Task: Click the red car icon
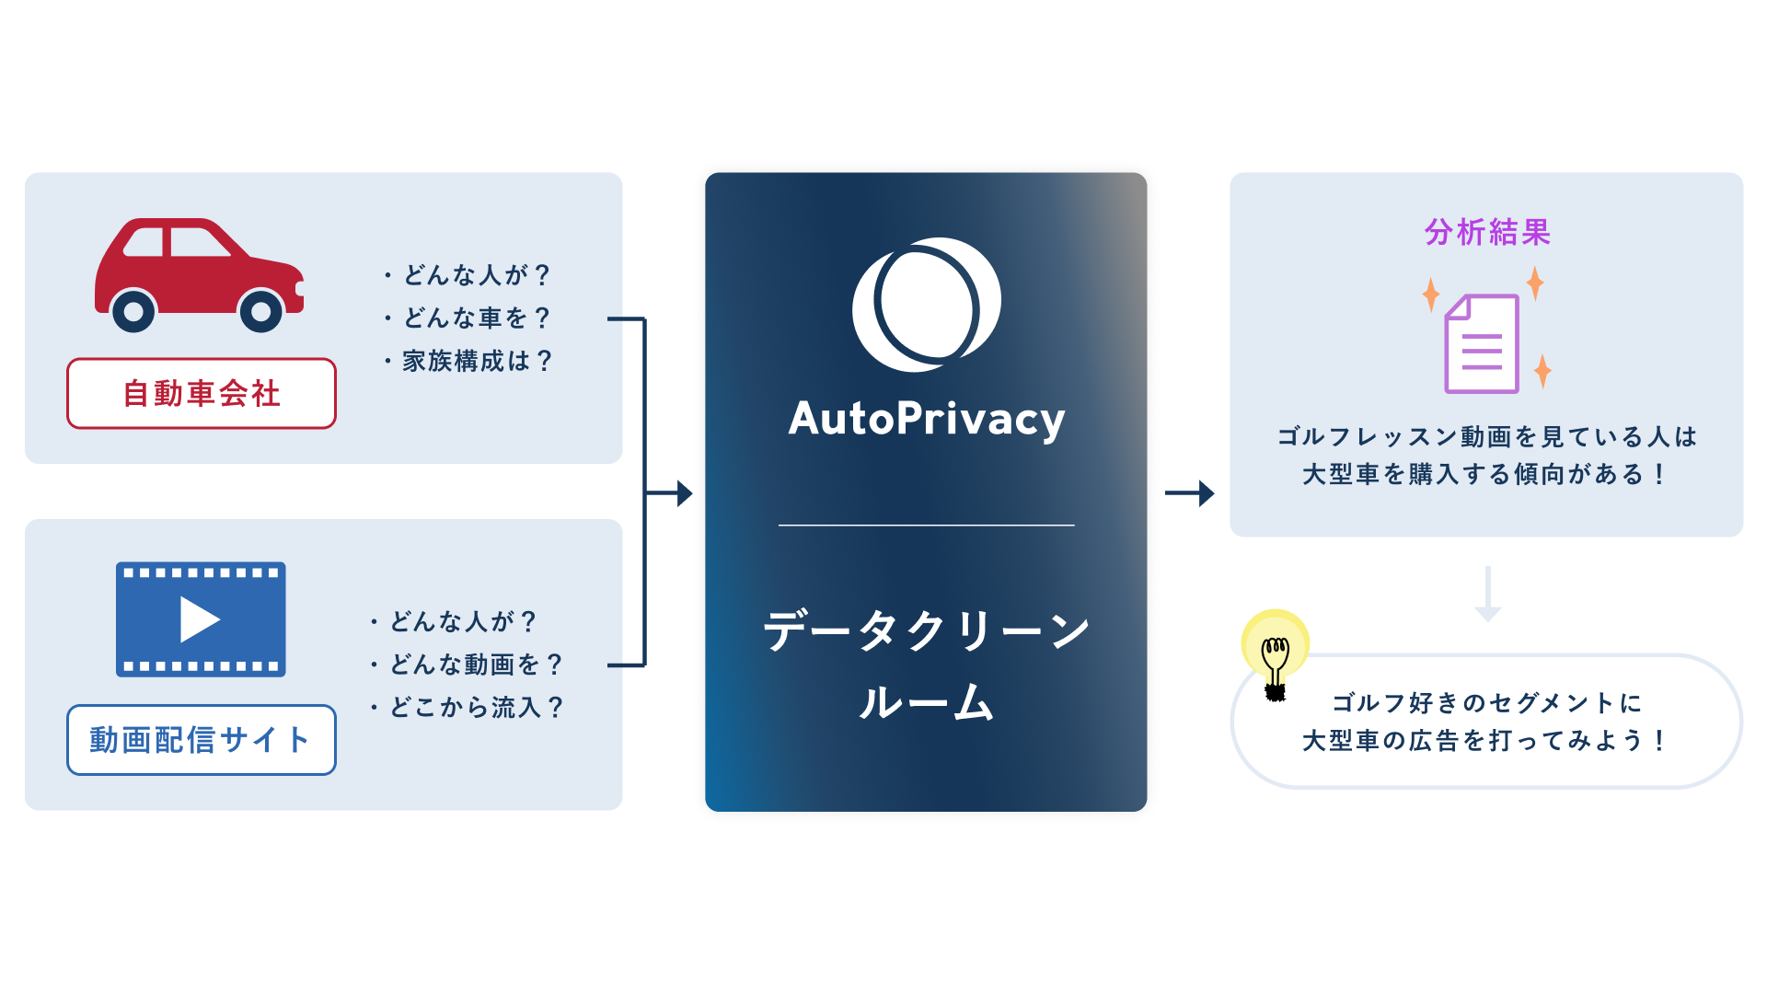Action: [x=198, y=273]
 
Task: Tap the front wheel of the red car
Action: [x=261, y=312]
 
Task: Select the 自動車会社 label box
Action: [x=201, y=394]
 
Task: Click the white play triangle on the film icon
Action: [x=199, y=619]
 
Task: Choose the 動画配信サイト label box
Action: [x=201, y=740]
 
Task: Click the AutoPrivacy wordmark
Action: [x=926, y=419]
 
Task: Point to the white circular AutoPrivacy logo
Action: [x=926, y=305]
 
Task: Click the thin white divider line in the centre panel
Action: [x=926, y=526]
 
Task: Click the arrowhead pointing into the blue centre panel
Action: [x=684, y=493]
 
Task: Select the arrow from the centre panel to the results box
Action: [x=1189, y=493]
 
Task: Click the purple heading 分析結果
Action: [x=1487, y=232]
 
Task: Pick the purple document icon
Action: [x=1482, y=344]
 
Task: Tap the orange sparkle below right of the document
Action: [x=1542, y=371]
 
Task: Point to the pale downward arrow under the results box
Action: [x=1487, y=594]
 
